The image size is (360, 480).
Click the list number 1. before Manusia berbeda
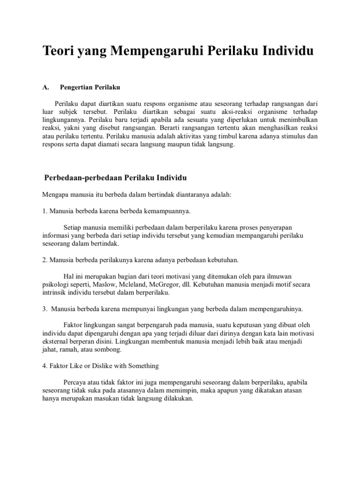coord(45,211)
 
